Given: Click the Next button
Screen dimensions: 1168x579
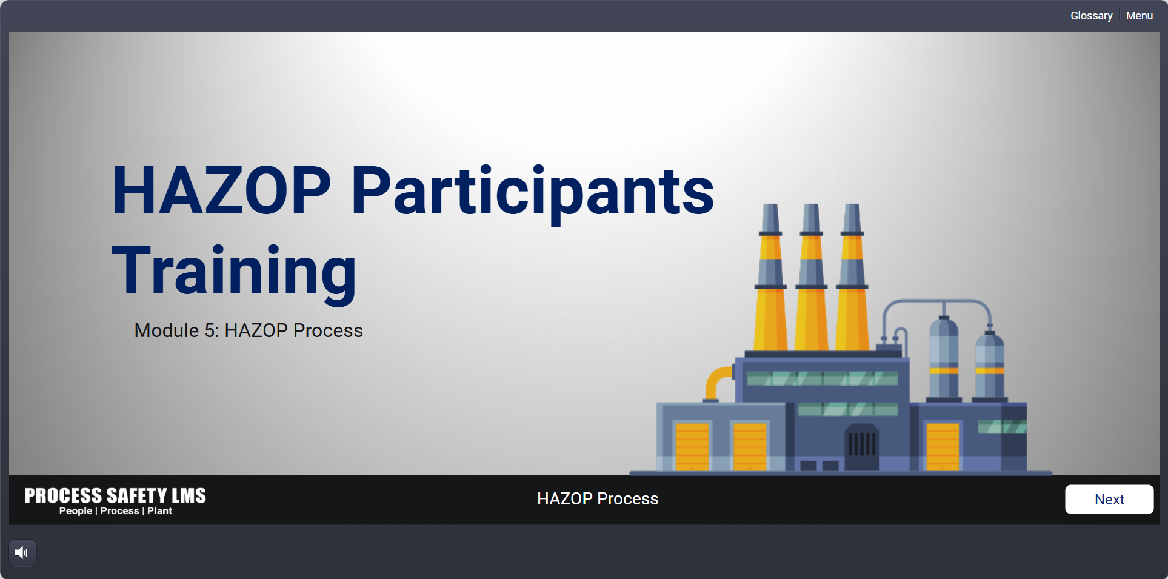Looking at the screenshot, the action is (1109, 499).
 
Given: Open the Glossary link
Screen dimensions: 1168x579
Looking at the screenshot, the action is (1091, 16).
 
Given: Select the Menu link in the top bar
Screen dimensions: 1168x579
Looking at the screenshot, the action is (1140, 16).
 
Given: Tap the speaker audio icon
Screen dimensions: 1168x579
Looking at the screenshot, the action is (22, 552).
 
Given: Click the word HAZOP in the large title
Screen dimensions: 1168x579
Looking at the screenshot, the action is (221, 191).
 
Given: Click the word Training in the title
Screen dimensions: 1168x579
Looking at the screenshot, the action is (234, 273).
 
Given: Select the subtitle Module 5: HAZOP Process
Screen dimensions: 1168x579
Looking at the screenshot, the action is (249, 330).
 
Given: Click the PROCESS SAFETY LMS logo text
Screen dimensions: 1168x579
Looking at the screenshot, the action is (115, 495).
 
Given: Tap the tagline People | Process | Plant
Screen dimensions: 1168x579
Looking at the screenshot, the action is (116, 511).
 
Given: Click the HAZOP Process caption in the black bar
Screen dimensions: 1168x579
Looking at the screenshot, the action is (598, 498).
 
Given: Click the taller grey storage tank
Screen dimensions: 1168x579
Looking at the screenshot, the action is (944, 358).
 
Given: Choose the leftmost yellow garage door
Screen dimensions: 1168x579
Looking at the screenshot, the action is (692, 446).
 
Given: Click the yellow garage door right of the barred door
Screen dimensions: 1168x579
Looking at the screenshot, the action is (943, 446).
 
